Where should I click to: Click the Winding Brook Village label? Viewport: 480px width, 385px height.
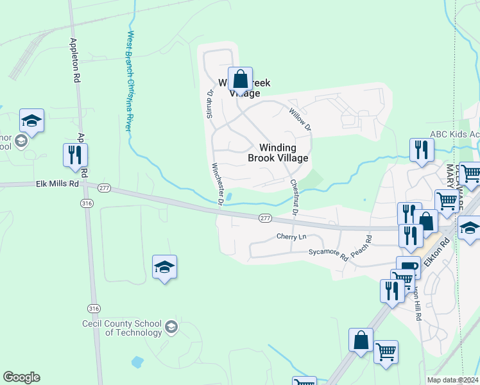click(x=278, y=153)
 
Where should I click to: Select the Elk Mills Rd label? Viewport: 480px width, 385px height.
click(x=56, y=184)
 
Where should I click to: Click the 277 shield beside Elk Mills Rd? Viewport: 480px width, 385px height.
click(x=105, y=187)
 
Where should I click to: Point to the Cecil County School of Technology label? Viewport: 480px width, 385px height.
click(x=122, y=328)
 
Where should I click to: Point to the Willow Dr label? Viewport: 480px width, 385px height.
click(x=299, y=119)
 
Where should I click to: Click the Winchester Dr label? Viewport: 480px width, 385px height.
click(x=217, y=184)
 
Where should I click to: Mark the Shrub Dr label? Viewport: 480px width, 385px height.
click(x=209, y=101)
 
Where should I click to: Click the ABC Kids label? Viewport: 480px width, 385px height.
click(x=454, y=133)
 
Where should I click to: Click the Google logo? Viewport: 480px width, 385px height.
click(x=21, y=377)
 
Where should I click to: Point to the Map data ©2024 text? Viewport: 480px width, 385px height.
click(x=452, y=381)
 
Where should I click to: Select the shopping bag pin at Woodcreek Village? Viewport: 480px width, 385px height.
click(x=240, y=80)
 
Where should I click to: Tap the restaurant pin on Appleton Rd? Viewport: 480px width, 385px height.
click(x=75, y=155)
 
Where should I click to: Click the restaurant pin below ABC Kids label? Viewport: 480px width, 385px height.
click(x=422, y=150)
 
